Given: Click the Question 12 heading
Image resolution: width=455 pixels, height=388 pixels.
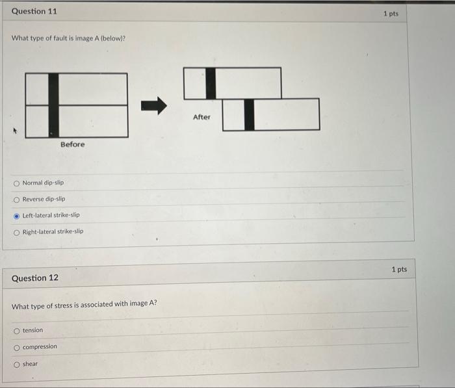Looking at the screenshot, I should [x=35, y=278].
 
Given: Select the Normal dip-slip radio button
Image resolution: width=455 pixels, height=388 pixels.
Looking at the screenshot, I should [x=17, y=183].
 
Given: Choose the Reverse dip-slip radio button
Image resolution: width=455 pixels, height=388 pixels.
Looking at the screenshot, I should [x=17, y=200].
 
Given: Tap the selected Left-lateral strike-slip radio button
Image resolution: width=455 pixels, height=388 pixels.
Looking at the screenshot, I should [x=17, y=215].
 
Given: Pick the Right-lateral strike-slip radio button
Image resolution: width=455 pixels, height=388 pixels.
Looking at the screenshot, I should [x=17, y=231].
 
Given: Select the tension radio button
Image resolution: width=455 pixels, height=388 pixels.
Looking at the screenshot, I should [x=17, y=331].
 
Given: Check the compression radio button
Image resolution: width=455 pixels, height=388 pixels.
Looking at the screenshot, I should [x=17, y=347].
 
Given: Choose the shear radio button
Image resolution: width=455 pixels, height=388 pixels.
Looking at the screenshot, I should [x=17, y=364].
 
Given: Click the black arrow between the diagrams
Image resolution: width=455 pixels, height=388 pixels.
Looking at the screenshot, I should [x=154, y=105].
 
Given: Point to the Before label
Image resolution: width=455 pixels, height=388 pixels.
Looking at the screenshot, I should [x=72, y=144].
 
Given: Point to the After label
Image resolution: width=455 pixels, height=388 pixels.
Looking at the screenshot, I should [x=201, y=117].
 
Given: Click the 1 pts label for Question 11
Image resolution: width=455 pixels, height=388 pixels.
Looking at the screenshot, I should [x=391, y=13].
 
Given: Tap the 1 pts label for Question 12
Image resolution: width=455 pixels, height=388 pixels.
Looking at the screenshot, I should [x=399, y=269].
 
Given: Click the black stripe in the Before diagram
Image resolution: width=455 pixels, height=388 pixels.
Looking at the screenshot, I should [x=53, y=105].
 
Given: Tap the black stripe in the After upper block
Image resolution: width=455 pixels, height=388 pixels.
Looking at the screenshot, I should [x=211, y=83].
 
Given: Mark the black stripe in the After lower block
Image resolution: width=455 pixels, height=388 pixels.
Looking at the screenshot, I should [x=249, y=114].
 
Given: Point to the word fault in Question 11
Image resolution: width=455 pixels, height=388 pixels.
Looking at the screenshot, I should [x=53, y=38].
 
